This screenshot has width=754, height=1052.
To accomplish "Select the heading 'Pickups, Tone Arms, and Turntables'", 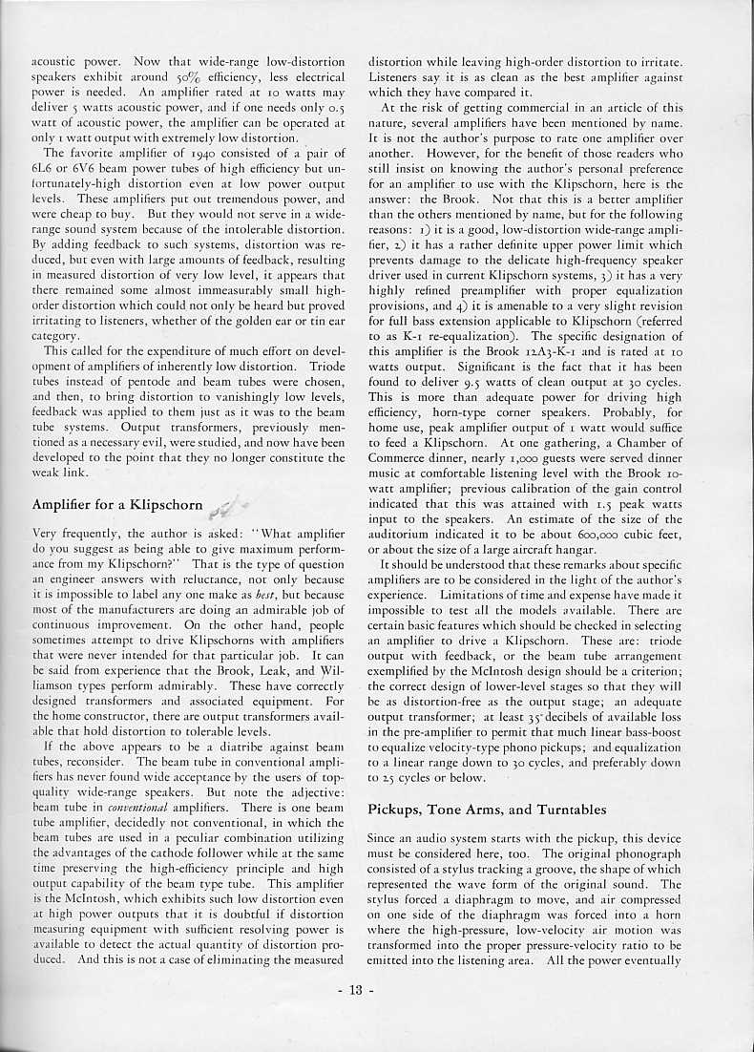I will [487, 810].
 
